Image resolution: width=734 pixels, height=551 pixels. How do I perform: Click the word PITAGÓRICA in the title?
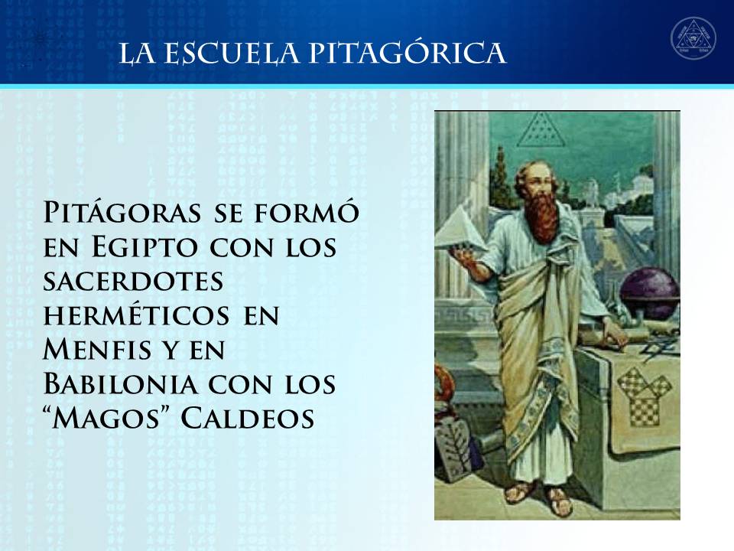point(407,53)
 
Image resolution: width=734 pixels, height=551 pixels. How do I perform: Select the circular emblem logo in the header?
point(693,39)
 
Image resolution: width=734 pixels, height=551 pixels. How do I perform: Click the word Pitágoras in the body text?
point(122,213)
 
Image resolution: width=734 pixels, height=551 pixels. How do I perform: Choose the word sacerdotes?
point(133,282)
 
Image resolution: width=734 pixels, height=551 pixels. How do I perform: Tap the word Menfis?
point(97,349)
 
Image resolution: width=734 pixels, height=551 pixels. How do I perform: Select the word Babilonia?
point(120,383)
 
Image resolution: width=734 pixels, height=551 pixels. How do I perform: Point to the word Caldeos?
point(247,418)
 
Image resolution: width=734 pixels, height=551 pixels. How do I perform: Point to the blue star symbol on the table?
point(660,348)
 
